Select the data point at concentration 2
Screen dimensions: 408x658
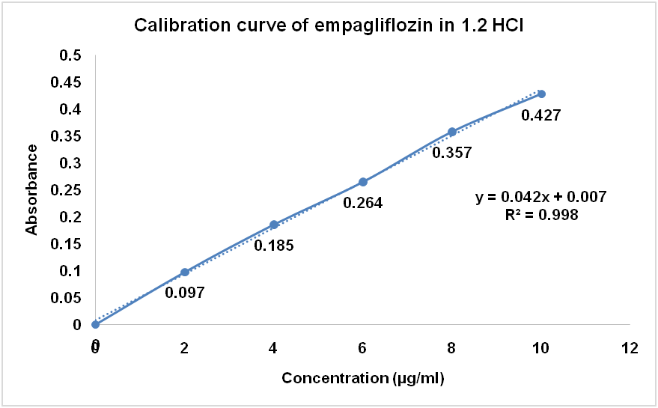tap(185, 272)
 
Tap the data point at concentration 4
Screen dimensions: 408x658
tap(274, 225)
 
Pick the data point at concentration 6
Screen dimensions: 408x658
tap(363, 182)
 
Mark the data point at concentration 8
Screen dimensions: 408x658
tap(452, 132)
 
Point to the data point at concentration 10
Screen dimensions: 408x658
tap(541, 94)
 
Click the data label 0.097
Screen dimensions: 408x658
tap(185, 292)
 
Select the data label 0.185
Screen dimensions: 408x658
tap(273, 245)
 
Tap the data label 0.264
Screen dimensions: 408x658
tap(363, 202)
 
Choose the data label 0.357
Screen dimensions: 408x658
tap(452, 153)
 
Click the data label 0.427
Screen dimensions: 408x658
tap(541, 115)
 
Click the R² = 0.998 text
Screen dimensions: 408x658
tap(540, 215)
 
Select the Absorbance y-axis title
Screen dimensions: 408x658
tap(32, 190)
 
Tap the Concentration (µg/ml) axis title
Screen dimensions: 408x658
tap(363, 378)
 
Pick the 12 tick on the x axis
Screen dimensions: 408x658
tap(630, 347)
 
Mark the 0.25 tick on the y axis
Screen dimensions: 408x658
tap(68, 190)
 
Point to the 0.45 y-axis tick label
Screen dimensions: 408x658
tap(68, 82)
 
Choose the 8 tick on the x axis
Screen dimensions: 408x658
tap(452, 347)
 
